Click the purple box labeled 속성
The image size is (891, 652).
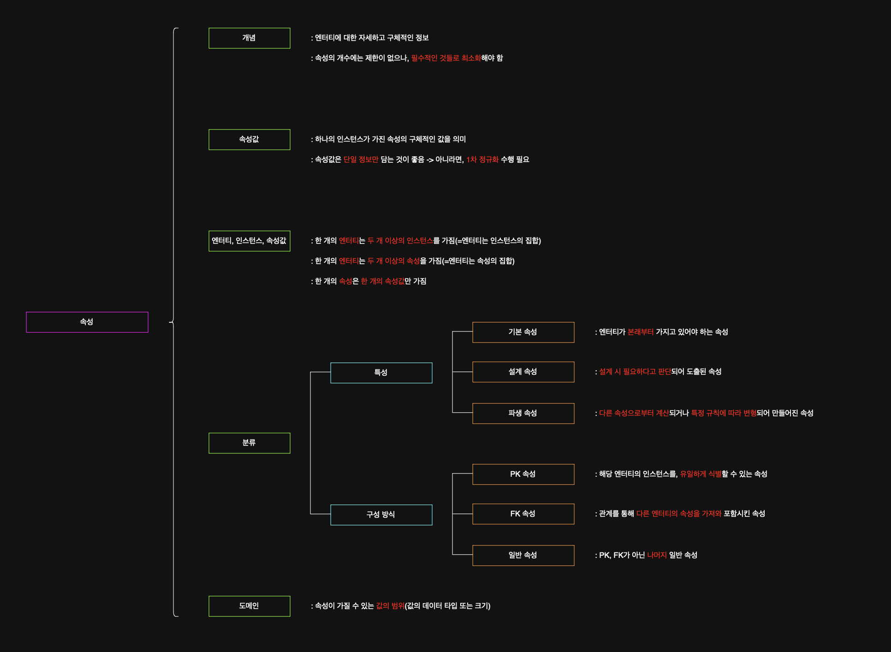point(87,322)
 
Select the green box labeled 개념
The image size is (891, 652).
point(249,38)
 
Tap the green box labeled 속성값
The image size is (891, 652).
point(249,139)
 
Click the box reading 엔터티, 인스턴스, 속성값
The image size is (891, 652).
point(249,241)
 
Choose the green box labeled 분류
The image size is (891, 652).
point(249,443)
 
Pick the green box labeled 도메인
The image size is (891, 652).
point(249,606)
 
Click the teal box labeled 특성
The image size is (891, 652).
point(381,373)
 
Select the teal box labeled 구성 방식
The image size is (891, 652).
point(381,515)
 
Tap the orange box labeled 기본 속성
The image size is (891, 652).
point(523,332)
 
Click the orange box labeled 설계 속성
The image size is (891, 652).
point(523,372)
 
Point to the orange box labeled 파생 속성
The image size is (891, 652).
point(523,413)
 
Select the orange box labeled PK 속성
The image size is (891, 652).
point(523,474)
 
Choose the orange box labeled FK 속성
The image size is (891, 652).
point(523,514)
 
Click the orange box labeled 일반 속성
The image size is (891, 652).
point(523,555)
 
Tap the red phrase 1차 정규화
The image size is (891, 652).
point(482,160)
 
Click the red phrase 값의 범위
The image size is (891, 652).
point(390,606)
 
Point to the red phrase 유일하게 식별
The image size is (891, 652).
point(701,474)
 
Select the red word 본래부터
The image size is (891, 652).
point(641,332)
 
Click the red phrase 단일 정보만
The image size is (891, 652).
point(361,160)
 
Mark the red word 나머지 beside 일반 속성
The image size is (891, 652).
point(657,555)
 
